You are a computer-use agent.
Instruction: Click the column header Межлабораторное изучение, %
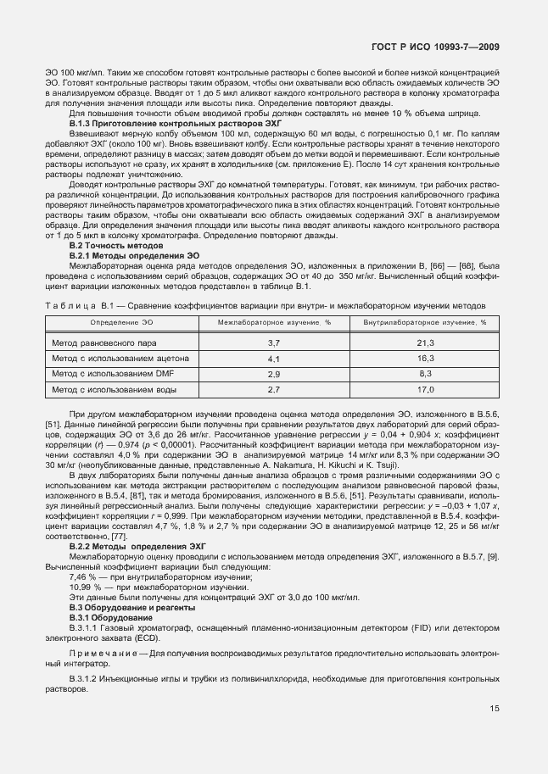tap(274, 323)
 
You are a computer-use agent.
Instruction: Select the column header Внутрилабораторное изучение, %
tap(425, 323)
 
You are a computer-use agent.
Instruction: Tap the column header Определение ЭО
tap(122, 323)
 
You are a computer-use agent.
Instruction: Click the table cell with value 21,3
tap(425, 342)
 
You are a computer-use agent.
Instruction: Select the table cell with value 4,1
tap(274, 358)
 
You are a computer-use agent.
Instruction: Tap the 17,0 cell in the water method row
tap(425, 389)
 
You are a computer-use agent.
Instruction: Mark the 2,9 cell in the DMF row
tap(274, 373)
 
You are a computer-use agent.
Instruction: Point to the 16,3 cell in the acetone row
tap(425, 358)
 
